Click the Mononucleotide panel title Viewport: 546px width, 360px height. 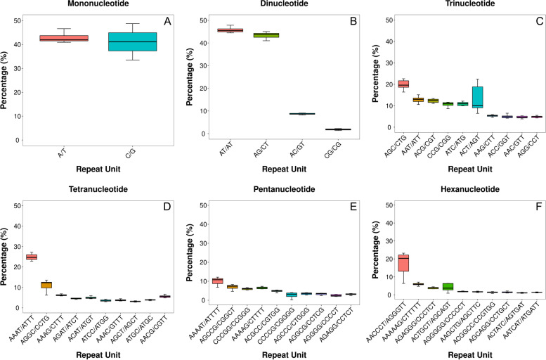point(93,5)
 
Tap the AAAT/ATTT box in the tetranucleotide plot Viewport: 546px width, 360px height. point(32,257)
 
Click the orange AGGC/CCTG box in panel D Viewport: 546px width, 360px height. point(46,285)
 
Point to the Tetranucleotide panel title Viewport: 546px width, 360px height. point(92,189)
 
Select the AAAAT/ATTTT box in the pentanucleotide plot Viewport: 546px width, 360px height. point(217,281)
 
